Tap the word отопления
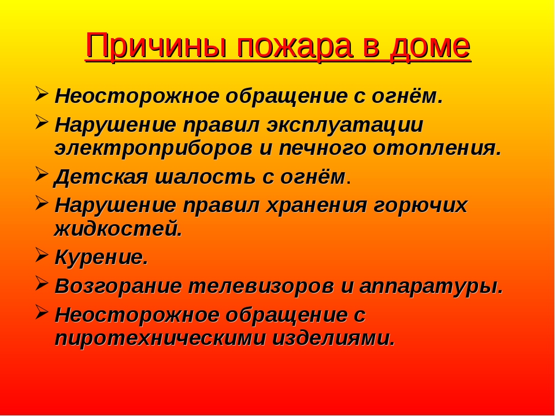(x=438, y=149)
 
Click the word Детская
(x=101, y=177)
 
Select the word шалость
(x=205, y=177)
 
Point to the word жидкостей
(x=118, y=228)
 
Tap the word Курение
(x=101, y=258)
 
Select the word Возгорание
(x=118, y=286)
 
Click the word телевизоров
(x=261, y=286)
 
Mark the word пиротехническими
(x=160, y=339)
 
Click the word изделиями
(x=334, y=339)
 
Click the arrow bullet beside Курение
(x=42, y=255)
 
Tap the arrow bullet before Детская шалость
(x=42, y=174)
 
